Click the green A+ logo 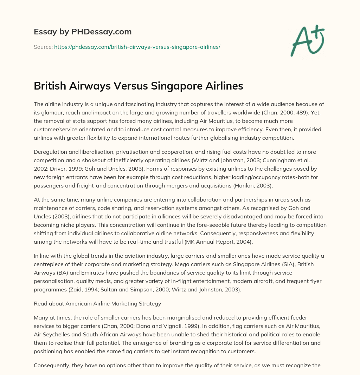click(307, 41)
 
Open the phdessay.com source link click(137, 47)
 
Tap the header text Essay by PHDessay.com click(83, 32)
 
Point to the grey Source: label click(43, 47)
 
